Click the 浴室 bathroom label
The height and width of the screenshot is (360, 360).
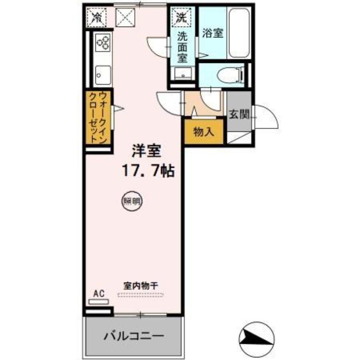click(x=213, y=34)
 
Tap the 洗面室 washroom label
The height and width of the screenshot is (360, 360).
click(x=182, y=46)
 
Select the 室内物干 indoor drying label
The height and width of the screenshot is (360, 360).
click(x=140, y=285)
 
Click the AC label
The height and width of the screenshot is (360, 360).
click(x=99, y=293)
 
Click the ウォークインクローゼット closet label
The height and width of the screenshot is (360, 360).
click(x=98, y=117)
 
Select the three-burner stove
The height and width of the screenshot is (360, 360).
click(x=103, y=43)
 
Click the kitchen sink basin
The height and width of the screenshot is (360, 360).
click(x=103, y=74)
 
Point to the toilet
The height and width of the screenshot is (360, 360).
click(x=229, y=75)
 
